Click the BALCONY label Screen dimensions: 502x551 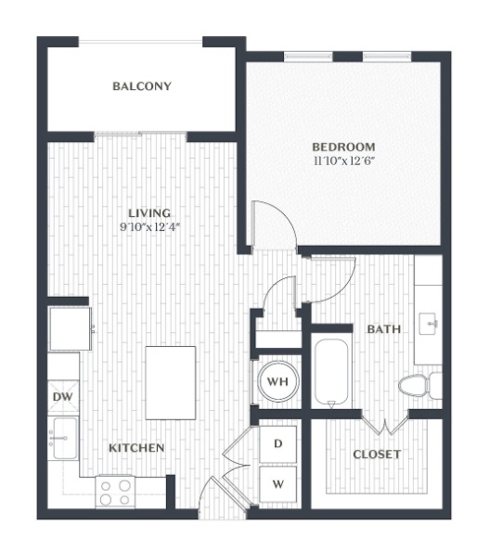pyautogui.click(x=142, y=86)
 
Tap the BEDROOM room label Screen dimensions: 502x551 pyautogui.click(x=344, y=147)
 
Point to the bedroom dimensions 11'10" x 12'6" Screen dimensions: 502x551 pyautogui.click(x=344, y=161)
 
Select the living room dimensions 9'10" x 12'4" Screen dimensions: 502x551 pyautogui.click(x=150, y=227)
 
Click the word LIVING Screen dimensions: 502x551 pyautogui.click(x=149, y=213)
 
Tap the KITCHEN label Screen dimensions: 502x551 pyautogui.click(x=136, y=448)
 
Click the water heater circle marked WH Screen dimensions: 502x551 pyautogui.click(x=278, y=381)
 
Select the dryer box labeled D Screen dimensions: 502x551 pyautogui.click(x=277, y=444)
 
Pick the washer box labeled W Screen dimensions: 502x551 pyautogui.click(x=277, y=484)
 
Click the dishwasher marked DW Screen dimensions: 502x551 pyautogui.click(x=63, y=397)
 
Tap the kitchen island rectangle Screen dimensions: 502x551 pyautogui.click(x=171, y=383)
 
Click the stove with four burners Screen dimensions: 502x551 pyautogui.click(x=115, y=492)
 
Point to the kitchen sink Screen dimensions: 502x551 pyautogui.click(x=65, y=438)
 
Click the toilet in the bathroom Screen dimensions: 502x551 pyautogui.click(x=420, y=386)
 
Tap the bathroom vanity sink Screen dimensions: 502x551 pyautogui.click(x=428, y=324)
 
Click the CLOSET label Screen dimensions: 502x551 pyautogui.click(x=377, y=455)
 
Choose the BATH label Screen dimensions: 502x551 pyautogui.click(x=384, y=329)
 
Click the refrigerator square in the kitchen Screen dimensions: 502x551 pyautogui.click(x=71, y=329)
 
